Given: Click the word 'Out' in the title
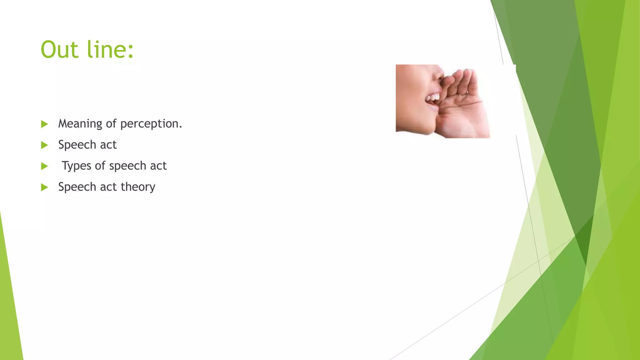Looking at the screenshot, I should point(59,50).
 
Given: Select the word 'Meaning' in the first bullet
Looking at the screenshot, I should point(80,124).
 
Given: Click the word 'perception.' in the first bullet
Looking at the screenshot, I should point(151,124).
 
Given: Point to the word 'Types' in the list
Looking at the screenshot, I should point(76,166).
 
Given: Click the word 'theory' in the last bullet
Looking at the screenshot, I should point(138,187).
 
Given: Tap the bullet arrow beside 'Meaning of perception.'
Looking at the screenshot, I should point(44,124).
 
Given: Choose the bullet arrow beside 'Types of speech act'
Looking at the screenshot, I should point(44,166).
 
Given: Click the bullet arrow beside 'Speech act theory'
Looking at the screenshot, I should point(44,187).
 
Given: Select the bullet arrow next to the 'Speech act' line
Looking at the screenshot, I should point(44,145).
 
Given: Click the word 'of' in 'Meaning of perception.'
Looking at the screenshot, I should point(111,124).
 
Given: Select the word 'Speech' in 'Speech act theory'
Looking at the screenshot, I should point(77,187).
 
